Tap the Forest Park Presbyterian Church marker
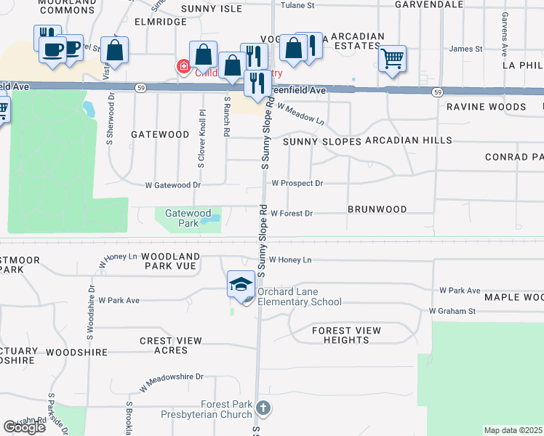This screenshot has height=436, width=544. coord(263,408)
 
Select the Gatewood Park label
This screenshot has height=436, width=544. coord(182,219)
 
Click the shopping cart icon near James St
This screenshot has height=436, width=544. coord(392,58)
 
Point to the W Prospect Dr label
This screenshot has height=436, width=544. coord(297,184)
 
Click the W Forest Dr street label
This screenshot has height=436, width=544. coord(291,214)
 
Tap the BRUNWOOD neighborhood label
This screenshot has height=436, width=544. coord(377,209)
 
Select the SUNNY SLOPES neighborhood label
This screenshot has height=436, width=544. coord(322,142)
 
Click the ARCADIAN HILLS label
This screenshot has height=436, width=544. coord(409,140)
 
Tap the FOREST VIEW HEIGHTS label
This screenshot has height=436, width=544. coord(346,336)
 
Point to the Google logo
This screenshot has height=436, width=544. coord(25,427)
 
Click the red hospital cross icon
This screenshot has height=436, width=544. coord(182,68)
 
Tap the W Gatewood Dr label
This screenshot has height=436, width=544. coord(172,185)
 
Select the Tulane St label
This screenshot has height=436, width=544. coord(299,5)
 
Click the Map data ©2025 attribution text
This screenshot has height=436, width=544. coord(513,430)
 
